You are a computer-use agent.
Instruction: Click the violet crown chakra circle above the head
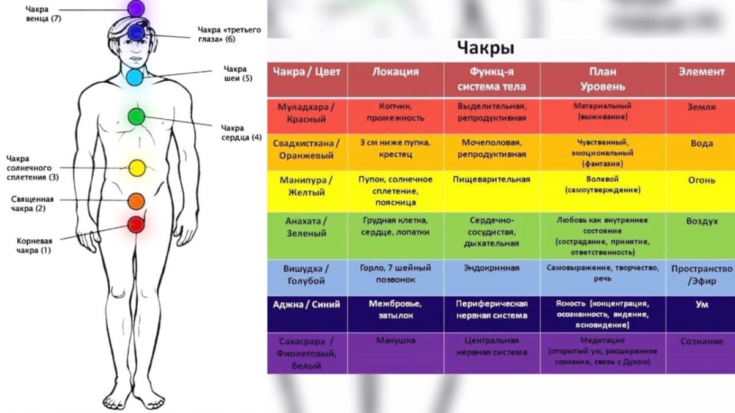coord(135,8)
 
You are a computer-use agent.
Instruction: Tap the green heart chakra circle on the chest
coord(136,116)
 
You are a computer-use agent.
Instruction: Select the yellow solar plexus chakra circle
coord(137,167)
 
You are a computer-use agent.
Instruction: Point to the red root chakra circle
coord(135,225)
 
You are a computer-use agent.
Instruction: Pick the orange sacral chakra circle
coord(136,201)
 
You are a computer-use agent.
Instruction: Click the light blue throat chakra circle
coord(135,77)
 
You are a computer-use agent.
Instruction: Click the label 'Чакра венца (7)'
coord(43,14)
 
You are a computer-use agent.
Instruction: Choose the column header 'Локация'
coord(395,72)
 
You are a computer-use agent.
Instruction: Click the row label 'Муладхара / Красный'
coord(306,113)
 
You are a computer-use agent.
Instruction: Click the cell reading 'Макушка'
coord(395,341)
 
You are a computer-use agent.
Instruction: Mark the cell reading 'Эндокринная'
coord(491,268)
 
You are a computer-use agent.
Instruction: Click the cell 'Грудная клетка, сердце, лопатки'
coord(395,226)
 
